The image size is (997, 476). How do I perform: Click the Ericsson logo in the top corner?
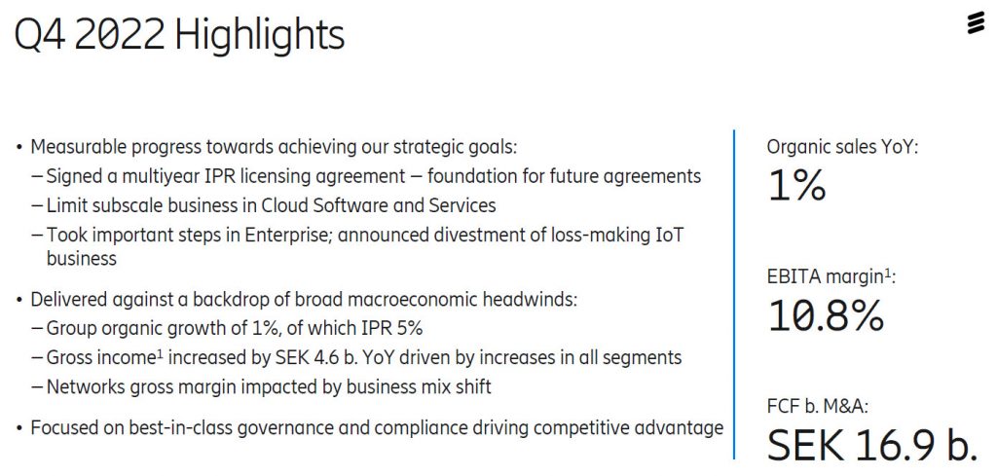pos(976,22)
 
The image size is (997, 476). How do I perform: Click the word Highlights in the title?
pos(260,35)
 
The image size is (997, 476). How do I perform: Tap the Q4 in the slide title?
pos(41,35)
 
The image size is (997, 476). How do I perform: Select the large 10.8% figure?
pos(826,314)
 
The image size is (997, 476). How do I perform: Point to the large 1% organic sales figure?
pos(796,184)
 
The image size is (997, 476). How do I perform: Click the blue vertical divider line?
pos(734,292)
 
